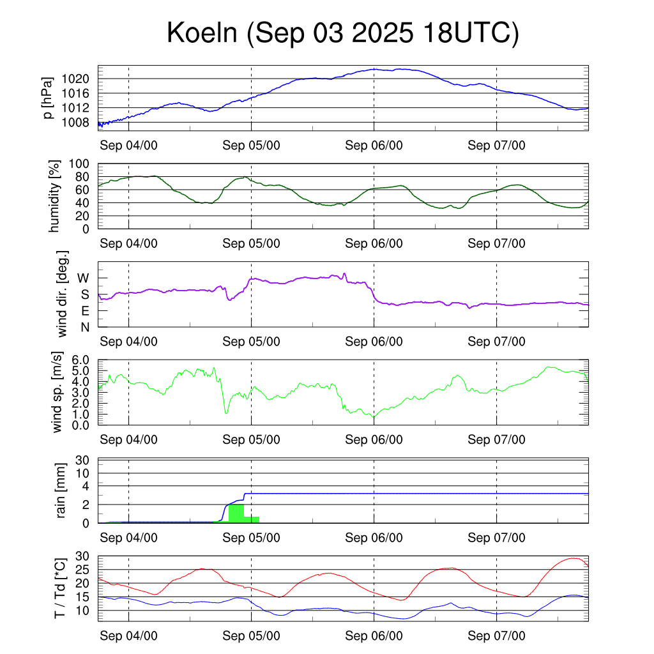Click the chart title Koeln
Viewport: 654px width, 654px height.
pyautogui.click(x=342, y=33)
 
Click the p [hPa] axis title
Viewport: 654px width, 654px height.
pyautogui.click(x=47, y=98)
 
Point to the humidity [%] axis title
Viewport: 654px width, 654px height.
pyautogui.click(x=55, y=196)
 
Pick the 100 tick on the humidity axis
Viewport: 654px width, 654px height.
pyautogui.click(x=84, y=163)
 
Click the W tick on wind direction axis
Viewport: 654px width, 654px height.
pyautogui.click(x=83, y=278)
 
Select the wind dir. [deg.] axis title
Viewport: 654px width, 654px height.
pyautogui.click(x=63, y=294)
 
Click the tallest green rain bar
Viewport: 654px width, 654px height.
pyautogui.click(x=236, y=513)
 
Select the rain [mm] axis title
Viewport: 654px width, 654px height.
pyautogui.click(x=62, y=492)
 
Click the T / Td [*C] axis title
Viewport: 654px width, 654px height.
pyautogui.click(x=59, y=589)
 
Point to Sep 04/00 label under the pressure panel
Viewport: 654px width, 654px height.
pyautogui.click(x=128, y=145)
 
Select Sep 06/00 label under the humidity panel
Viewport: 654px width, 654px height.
pyautogui.click(x=374, y=243)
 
